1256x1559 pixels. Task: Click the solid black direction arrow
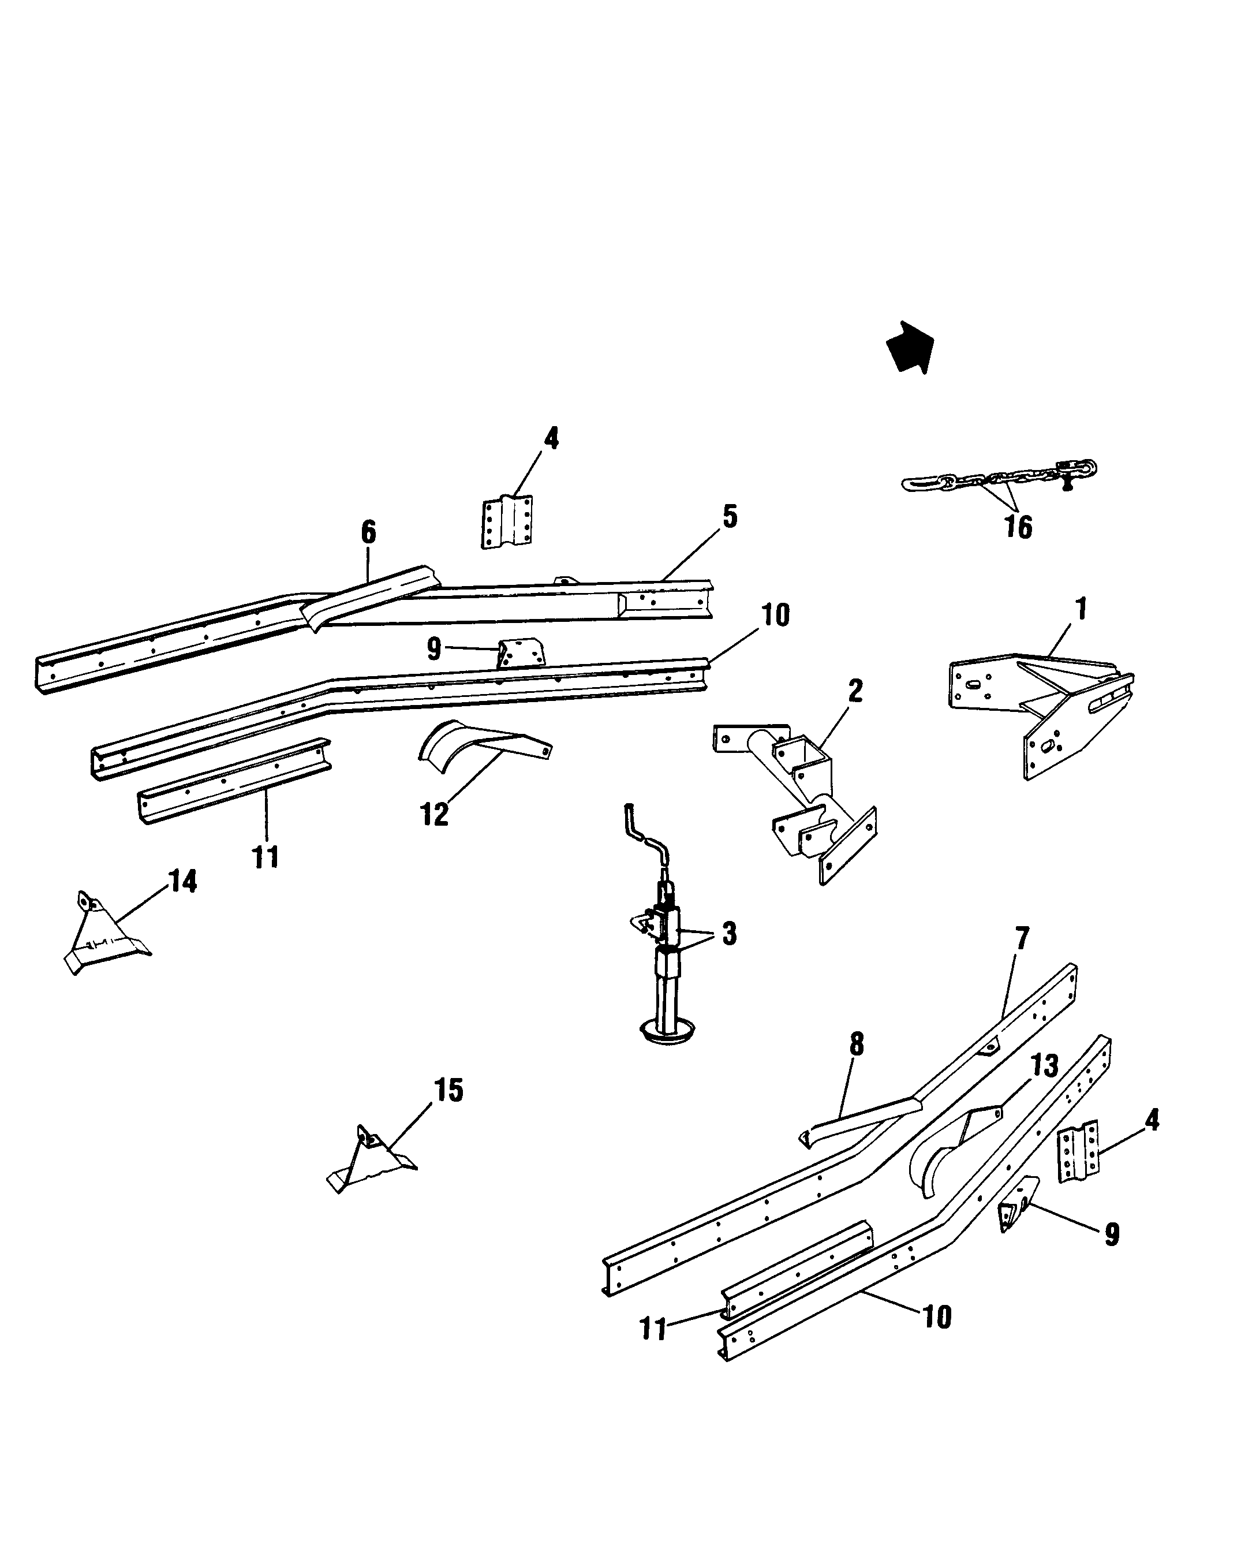point(911,348)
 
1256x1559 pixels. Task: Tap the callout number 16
point(1018,527)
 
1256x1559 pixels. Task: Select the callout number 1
point(1081,609)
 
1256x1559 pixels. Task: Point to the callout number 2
point(855,691)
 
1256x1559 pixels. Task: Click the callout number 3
point(729,934)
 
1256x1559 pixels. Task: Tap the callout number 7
point(1021,939)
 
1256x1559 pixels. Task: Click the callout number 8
point(857,1044)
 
